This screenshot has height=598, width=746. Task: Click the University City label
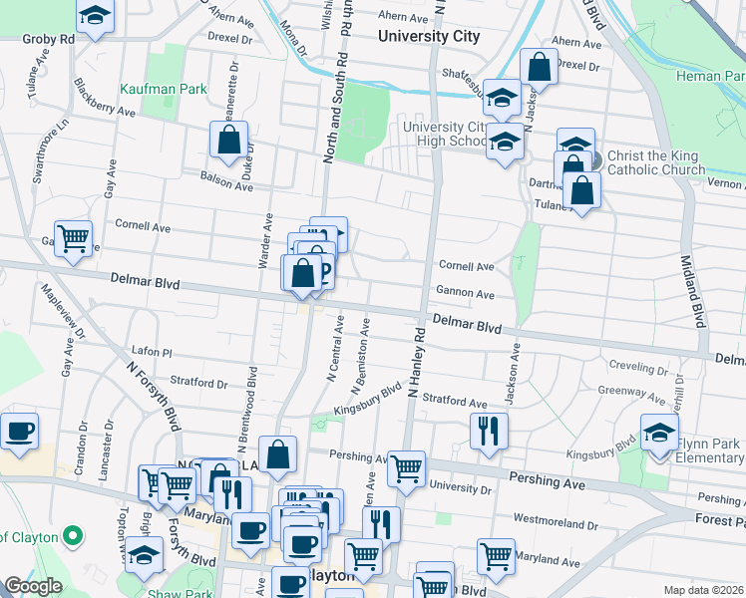pyautogui.click(x=429, y=36)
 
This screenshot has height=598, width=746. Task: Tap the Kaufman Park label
pyautogui.click(x=164, y=89)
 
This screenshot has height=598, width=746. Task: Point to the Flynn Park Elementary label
pyautogui.click(x=711, y=450)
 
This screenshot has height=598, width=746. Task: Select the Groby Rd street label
pyautogui.click(x=52, y=39)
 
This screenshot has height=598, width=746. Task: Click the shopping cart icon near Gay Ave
pyautogui.click(x=74, y=238)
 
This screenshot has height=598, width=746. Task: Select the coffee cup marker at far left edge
pyautogui.click(x=19, y=431)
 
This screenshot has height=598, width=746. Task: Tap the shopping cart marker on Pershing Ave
pyautogui.click(x=406, y=467)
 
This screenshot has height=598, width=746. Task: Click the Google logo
pyautogui.click(x=33, y=586)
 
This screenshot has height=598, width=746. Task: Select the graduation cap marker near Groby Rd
pyautogui.click(x=95, y=16)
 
